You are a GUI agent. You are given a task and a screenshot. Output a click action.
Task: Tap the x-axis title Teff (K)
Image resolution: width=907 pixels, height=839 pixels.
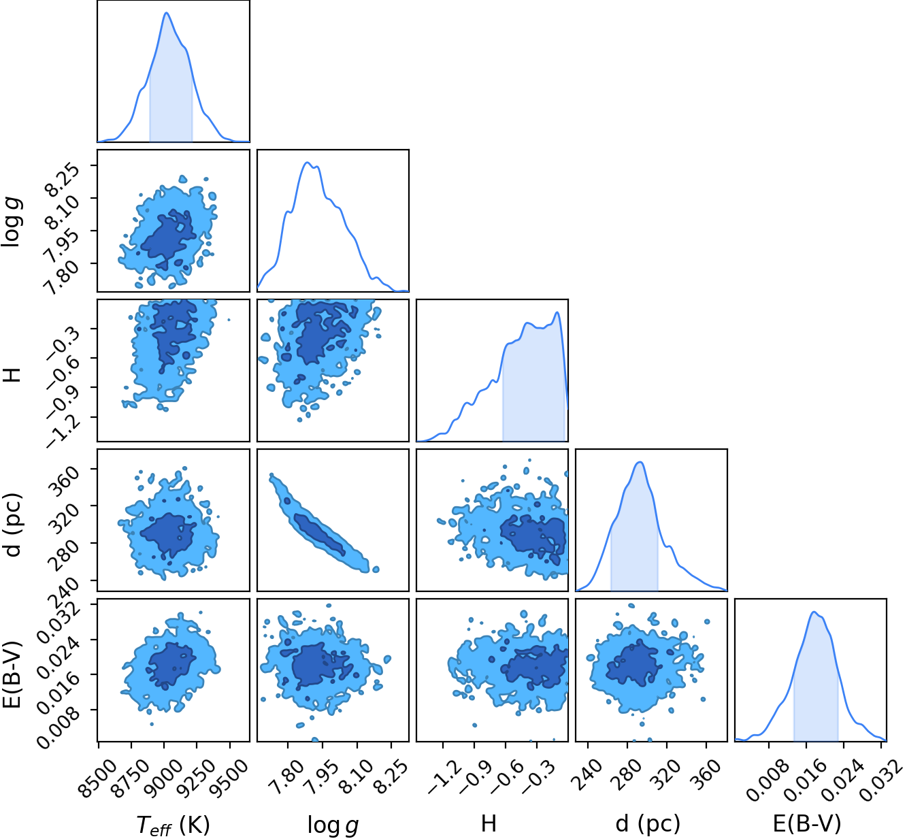click(x=173, y=825)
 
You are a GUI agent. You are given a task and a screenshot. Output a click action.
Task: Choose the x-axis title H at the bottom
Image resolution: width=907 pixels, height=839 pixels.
click(x=489, y=824)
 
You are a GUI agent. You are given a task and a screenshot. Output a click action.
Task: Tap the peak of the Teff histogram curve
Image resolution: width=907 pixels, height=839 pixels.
click(x=167, y=13)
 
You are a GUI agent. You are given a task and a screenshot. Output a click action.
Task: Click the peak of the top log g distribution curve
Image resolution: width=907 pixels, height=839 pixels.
click(x=308, y=162)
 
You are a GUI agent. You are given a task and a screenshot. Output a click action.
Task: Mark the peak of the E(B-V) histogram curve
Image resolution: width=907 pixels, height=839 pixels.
click(x=813, y=612)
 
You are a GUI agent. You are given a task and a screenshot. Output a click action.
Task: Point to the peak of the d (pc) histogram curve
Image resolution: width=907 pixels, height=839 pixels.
click(x=640, y=462)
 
